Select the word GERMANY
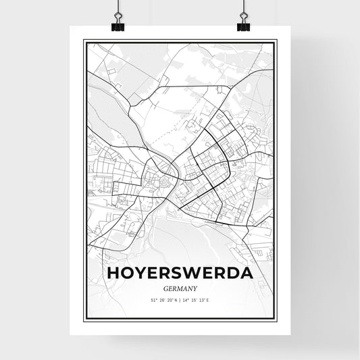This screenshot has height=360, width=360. pos(179,287)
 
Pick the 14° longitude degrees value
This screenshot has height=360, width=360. pos(185,300)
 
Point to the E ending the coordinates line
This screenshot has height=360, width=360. pos(209,300)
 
